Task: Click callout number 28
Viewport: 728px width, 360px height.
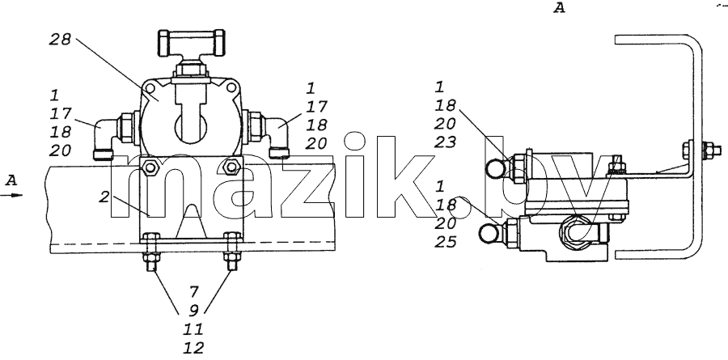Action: (x=60, y=40)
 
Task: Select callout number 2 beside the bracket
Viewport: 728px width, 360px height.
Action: (x=104, y=197)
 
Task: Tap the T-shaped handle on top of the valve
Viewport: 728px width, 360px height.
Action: (x=191, y=41)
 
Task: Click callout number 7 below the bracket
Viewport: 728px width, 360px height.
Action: (x=193, y=292)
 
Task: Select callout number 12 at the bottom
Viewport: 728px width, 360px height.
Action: (x=193, y=347)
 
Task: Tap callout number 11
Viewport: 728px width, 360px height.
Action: (x=193, y=329)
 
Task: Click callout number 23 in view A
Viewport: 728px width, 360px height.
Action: (x=445, y=142)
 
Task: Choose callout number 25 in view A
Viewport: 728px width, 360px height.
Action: (x=445, y=242)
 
